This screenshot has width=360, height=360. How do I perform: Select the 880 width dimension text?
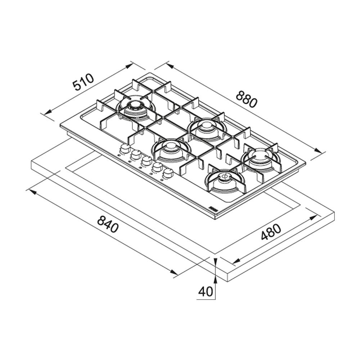click(247, 99)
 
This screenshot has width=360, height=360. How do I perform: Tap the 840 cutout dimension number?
click(108, 224)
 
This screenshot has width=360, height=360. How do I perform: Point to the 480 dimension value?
click(271, 232)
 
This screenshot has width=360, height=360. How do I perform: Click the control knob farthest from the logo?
click(125, 149)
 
